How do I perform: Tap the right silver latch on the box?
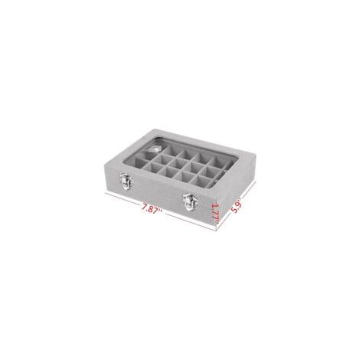[190, 201]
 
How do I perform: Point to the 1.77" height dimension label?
[216, 212]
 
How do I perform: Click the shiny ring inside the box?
[153, 149]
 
